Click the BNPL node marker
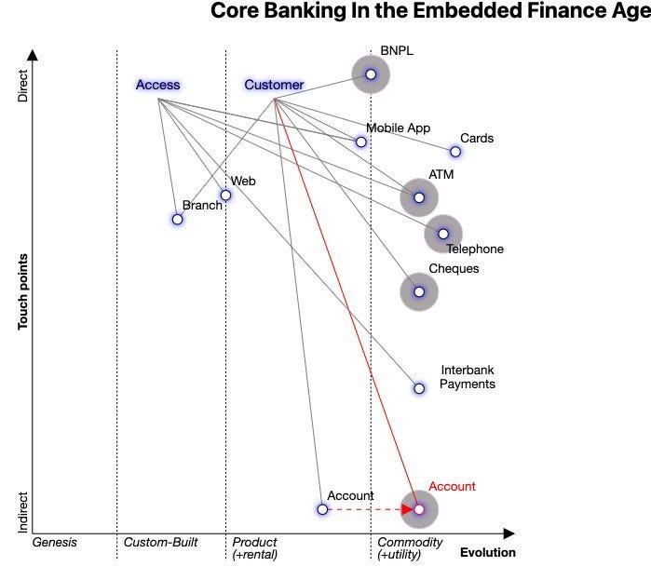pos(370,74)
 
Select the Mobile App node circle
pos(360,142)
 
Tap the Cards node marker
pos(455,152)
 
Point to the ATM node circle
pos(419,197)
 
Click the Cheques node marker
pos(419,292)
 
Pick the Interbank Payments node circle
pos(419,388)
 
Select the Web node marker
pos(225,196)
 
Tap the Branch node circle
pos(177,220)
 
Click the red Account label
pos(452,487)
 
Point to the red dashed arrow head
pos(408,509)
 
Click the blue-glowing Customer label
pos(274,86)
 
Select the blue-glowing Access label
pos(157,86)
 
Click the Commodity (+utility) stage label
pos(410,548)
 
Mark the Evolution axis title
pos(487,553)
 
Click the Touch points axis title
pos(23,292)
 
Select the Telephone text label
pos(474,250)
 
